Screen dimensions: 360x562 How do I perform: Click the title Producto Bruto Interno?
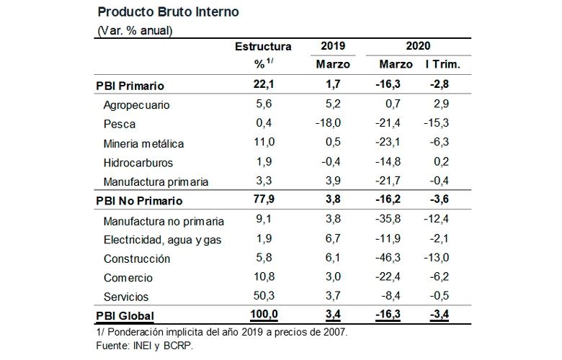pos(167,12)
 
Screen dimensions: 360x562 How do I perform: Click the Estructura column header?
pos(263,46)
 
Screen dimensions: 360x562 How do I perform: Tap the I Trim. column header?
pos(443,65)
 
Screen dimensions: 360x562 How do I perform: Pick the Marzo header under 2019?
pos(333,65)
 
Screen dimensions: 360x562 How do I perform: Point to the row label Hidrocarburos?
pos(138,163)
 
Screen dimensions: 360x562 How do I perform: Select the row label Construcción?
pos(137,258)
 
